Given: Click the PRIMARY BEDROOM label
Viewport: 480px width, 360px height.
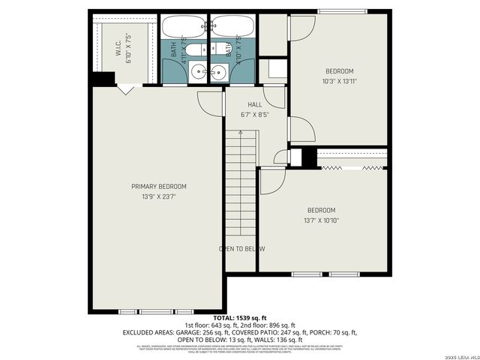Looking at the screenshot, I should click(158, 187).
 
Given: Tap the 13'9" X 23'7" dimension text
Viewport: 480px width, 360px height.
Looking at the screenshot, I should click(158, 196).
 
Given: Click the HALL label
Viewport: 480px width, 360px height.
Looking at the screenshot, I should click(254, 105).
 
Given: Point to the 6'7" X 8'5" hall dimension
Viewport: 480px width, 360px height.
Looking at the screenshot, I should click(254, 115).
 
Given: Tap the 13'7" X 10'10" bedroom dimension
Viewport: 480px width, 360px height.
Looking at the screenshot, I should click(320, 220).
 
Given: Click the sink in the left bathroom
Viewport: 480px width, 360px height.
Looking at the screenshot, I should click(197, 73).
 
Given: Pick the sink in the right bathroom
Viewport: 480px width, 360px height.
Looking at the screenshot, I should click(219, 73).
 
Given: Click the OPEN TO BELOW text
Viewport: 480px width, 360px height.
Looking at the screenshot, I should click(241, 249).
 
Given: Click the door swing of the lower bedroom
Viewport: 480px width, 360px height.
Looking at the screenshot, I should click(270, 180).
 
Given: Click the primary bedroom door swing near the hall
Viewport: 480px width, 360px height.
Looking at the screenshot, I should click(210, 102).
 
